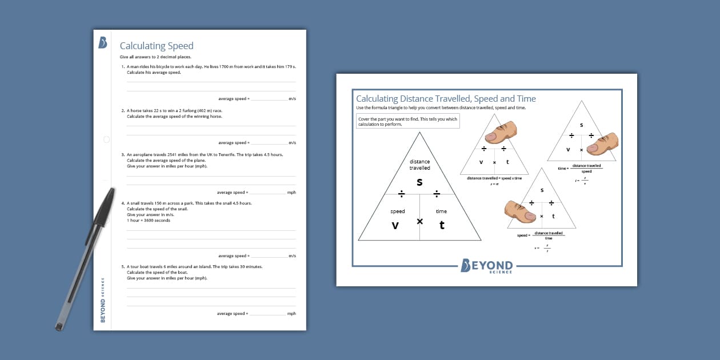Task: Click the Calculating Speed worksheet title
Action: pos(157,46)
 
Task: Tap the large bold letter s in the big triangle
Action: pos(419,182)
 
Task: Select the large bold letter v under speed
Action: pos(395,225)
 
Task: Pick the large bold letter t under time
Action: pos(442,225)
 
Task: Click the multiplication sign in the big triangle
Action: pos(419,221)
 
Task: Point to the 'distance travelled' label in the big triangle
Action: pos(419,165)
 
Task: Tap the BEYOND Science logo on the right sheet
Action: pos(486,266)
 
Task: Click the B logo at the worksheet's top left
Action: pos(103,42)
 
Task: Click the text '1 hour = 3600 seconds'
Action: pos(149,221)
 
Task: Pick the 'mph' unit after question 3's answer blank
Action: pos(291,193)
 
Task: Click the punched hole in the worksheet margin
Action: pos(106,139)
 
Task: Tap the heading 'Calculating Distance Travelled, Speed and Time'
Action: pos(446,99)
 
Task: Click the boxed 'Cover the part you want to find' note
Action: pos(407,121)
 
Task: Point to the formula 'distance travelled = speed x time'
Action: pos(494,178)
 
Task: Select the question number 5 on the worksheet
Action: pos(123,266)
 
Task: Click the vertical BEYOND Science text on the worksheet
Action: pos(103,300)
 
